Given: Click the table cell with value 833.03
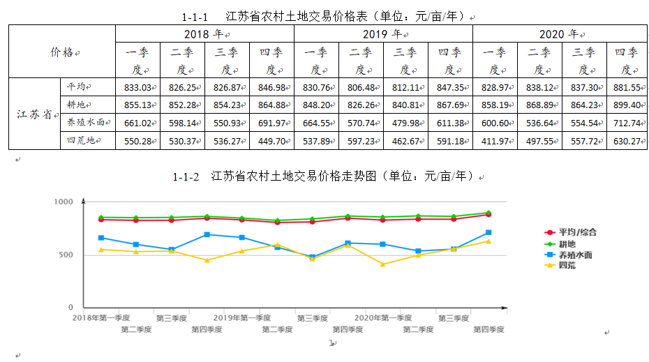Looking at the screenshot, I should pos(137,86).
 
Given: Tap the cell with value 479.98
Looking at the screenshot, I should pos(405,123).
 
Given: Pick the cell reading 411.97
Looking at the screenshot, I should pos(495,141).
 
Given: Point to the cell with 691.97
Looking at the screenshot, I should pos(271,123).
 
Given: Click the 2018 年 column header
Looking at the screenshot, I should pos(204,33).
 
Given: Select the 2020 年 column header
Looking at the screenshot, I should pos(560,33).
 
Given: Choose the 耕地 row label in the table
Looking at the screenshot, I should pos(78,105).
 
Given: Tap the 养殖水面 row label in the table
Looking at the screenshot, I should pos(86,123).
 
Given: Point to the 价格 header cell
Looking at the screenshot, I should pos(62,52).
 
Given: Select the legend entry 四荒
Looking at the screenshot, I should pos(568,266).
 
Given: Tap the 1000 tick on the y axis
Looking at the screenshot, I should pos(64,202).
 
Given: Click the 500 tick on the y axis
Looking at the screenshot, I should pos(67,255).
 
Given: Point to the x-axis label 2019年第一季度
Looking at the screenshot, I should pos(241,318).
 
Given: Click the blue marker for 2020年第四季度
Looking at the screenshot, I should pos(488,232).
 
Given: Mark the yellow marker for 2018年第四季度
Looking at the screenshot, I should pos(207,260).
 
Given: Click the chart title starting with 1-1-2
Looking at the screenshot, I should pos(324,176).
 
